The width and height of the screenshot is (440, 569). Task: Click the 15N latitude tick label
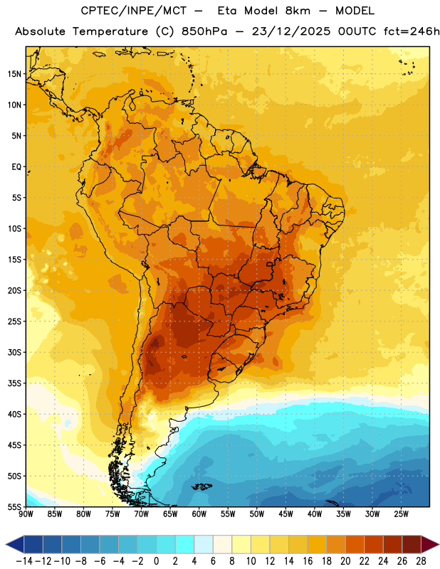[14, 74]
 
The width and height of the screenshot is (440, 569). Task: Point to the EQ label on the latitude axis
[16, 167]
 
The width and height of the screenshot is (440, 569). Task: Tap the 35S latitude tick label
[14, 383]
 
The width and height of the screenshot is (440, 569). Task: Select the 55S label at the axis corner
[14, 506]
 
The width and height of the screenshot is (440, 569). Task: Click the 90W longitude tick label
[26, 514]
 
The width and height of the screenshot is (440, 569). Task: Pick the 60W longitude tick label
[199, 514]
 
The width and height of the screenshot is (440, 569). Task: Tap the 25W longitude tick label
[402, 514]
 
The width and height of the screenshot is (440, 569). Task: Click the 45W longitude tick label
[286, 514]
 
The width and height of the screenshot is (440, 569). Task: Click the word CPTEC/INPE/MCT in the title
[134, 11]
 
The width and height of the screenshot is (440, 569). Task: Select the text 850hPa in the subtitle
[204, 31]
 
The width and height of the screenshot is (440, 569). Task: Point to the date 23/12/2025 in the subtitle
[291, 31]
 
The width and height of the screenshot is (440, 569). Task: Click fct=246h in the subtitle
[412, 31]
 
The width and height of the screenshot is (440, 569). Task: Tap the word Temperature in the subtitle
[110, 31]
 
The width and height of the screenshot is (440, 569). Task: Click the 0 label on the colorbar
[157, 561]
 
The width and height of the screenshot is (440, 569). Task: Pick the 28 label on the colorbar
[421, 561]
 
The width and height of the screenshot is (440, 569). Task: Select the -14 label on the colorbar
[24, 561]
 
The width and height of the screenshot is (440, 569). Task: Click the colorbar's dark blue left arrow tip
[6, 544]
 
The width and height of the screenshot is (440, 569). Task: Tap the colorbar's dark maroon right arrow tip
[439, 544]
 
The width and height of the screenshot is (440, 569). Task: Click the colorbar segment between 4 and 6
[204, 544]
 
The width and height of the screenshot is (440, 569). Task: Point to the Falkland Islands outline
[201, 486]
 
